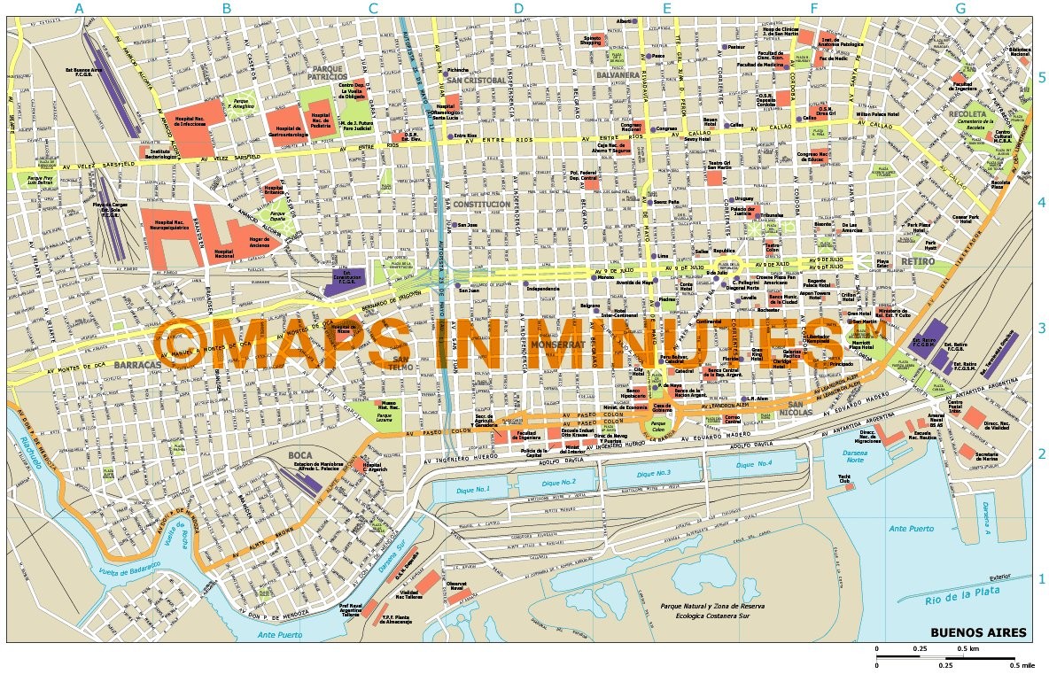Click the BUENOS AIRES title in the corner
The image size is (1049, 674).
978,632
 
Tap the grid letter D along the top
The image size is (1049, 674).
519,9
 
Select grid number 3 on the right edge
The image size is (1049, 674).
1042,329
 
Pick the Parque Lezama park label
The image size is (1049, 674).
384,415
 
